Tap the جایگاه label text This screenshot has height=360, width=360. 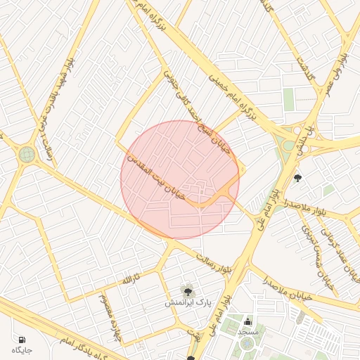[22, 349]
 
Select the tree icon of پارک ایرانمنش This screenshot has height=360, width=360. [187, 290]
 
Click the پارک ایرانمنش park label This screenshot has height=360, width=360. [188, 302]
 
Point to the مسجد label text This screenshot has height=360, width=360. [248, 330]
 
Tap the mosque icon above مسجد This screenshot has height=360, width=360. [247, 320]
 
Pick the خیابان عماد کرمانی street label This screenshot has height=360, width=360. [336, 246]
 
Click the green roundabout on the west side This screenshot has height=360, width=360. [27, 154]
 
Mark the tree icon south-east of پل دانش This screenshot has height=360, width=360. [297, 179]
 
